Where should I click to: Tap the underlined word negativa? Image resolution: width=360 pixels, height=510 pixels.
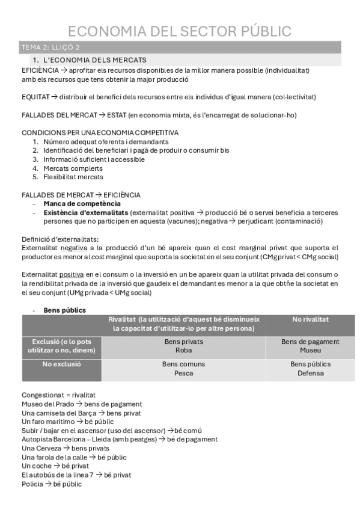(74, 248)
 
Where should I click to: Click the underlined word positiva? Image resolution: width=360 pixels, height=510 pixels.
(72, 274)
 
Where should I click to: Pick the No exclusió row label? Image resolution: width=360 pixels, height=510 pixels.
(62, 364)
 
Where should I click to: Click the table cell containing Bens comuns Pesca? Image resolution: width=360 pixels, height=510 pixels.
(183, 369)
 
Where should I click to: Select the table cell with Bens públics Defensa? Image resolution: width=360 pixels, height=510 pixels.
(310, 369)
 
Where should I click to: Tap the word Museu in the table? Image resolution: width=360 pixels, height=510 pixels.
(310, 350)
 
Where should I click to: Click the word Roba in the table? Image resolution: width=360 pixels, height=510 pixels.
(183, 350)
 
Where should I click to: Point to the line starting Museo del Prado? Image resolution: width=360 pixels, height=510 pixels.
(81, 404)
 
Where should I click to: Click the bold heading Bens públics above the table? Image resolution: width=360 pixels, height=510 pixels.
(64, 310)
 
